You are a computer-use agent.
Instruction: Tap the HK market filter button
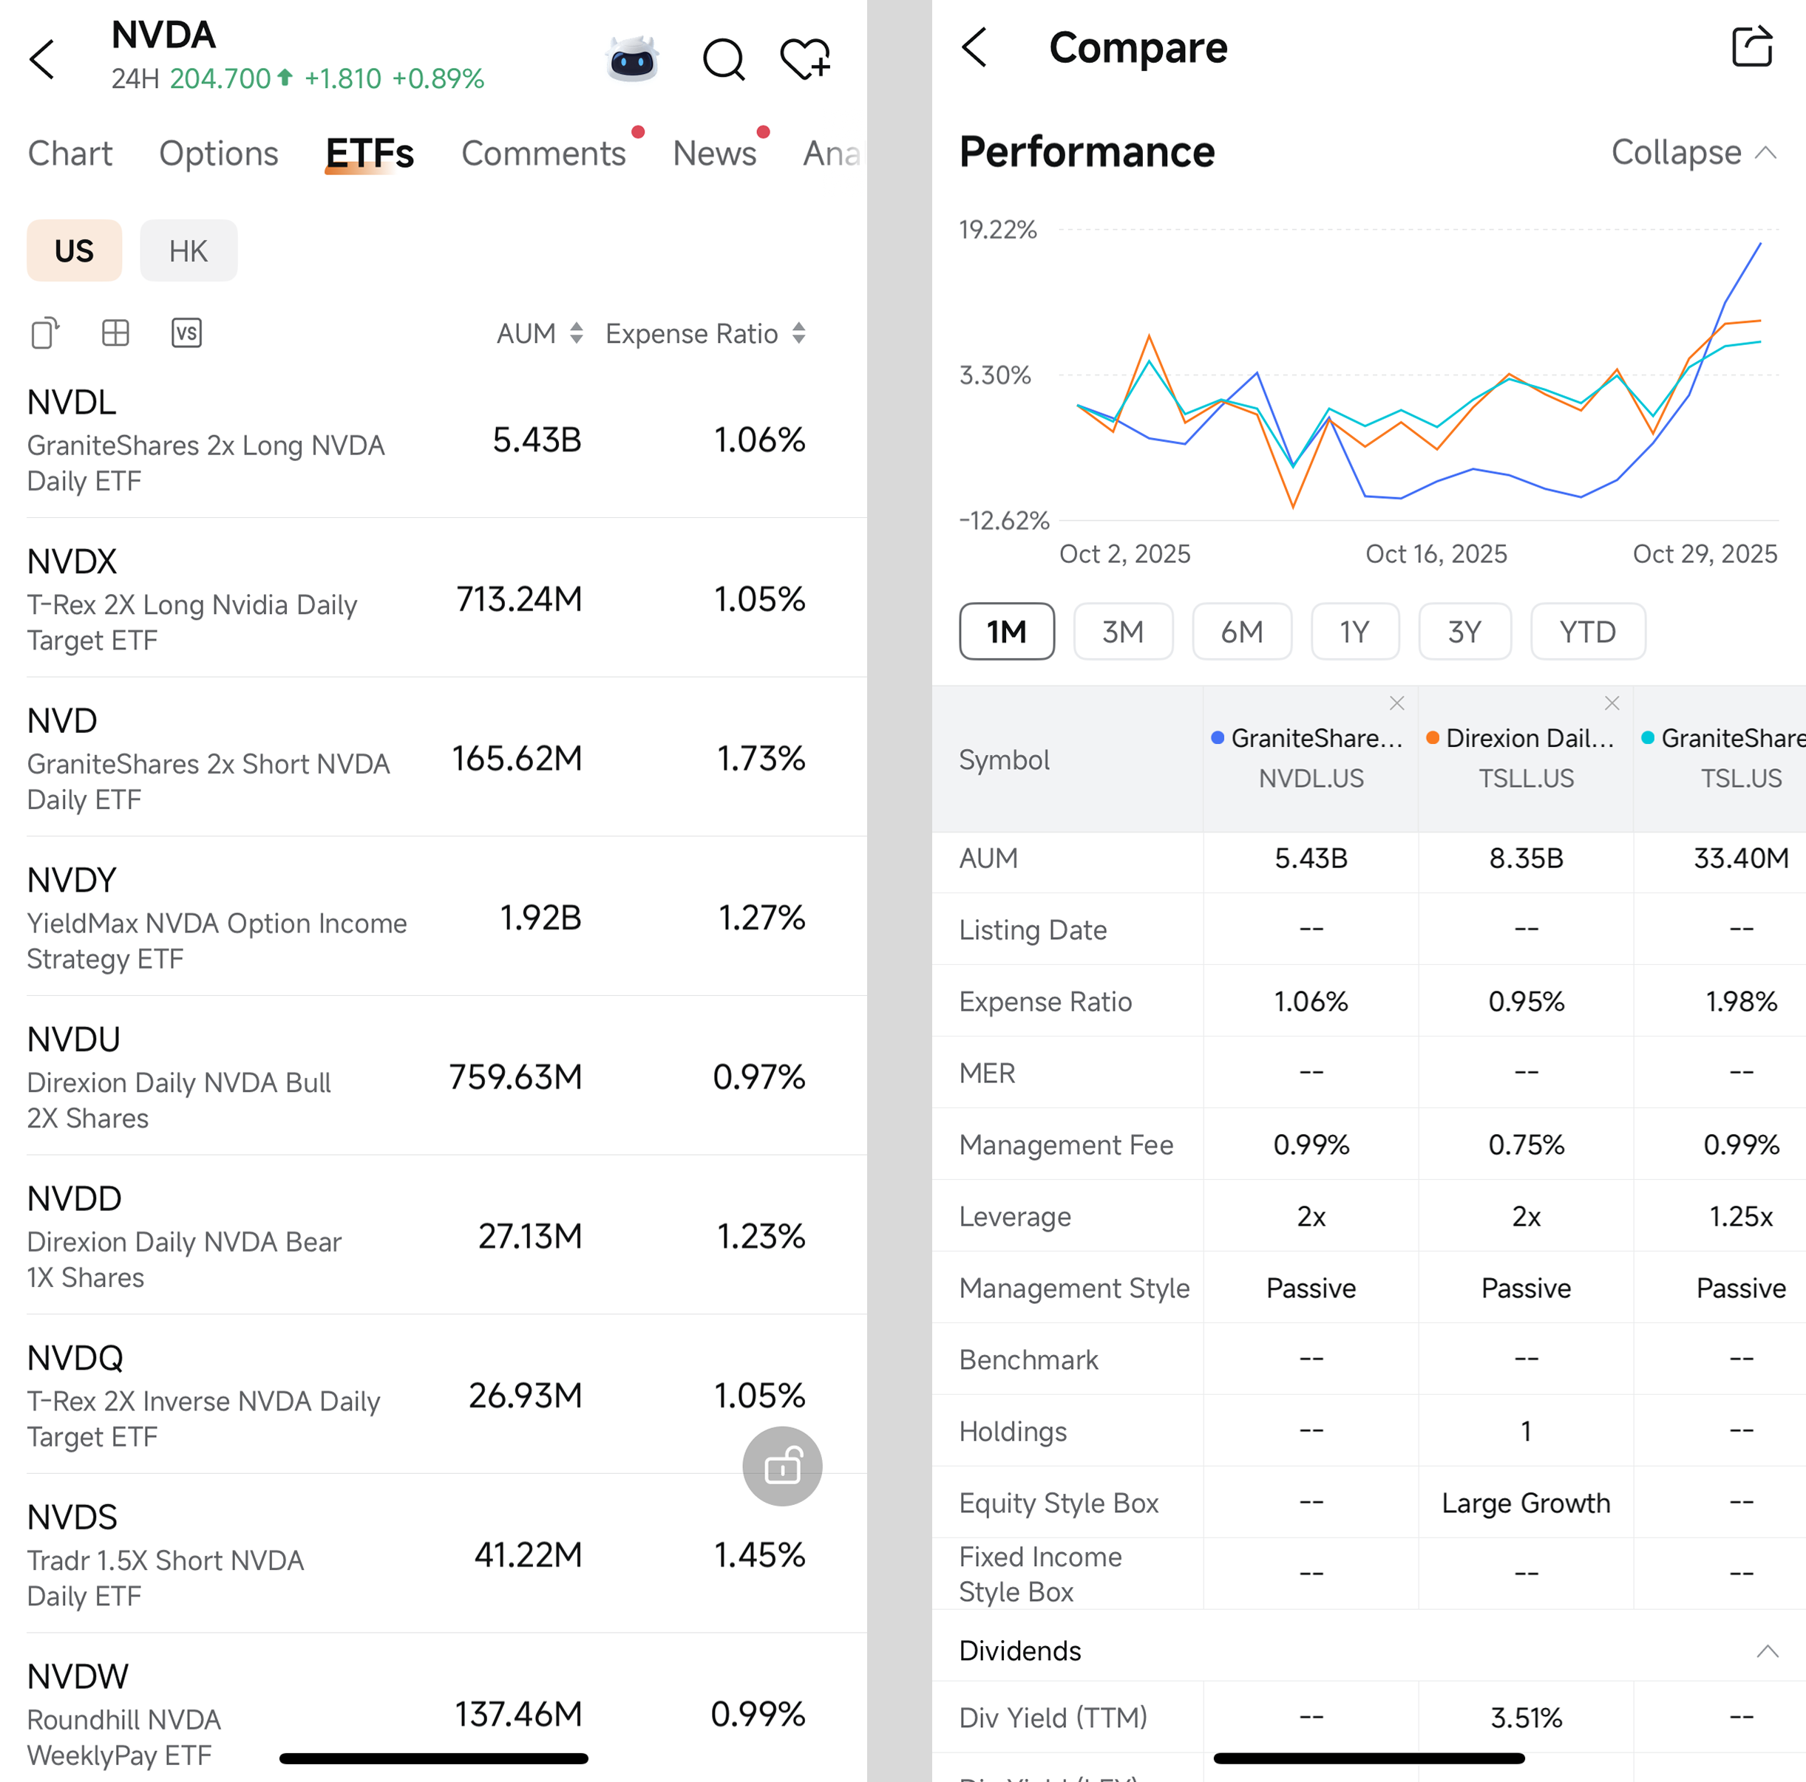coord(188,250)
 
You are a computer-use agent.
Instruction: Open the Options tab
coord(218,153)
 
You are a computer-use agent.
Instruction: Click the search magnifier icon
coord(722,60)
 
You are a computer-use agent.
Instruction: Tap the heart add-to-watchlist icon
coord(805,60)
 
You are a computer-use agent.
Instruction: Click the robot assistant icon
coord(633,60)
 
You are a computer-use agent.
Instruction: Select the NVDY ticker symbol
coord(72,879)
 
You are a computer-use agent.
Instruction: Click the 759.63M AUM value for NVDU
coord(515,1076)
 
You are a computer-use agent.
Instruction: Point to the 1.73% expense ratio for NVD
coord(760,758)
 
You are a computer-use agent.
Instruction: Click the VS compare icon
coord(186,332)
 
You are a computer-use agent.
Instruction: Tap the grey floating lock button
coord(781,1465)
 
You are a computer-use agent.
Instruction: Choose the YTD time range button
coord(1586,632)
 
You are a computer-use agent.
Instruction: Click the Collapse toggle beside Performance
coord(1692,152)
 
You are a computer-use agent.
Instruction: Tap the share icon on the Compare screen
coord(1751,47)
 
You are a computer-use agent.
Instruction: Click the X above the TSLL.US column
coord(1612,703)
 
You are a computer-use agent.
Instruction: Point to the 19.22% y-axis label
coord(997,230)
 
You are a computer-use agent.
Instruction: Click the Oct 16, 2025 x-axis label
coord(1436,554)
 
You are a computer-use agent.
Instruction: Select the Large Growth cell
coord(1526,1503)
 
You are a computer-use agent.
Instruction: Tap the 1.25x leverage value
coord(1739,1216)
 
